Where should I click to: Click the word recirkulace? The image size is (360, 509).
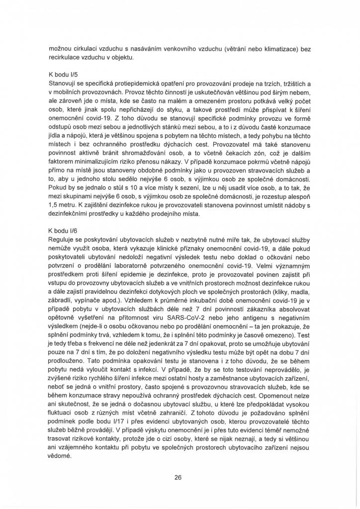click(66, 59)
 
